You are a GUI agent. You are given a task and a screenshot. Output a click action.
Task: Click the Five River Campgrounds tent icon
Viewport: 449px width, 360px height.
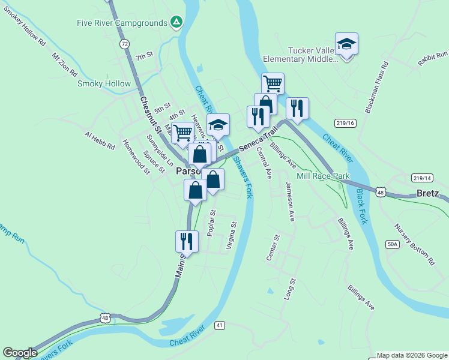(x=176, y=23)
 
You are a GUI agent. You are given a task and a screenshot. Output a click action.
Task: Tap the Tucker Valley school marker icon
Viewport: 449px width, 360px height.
(x=346, y=44)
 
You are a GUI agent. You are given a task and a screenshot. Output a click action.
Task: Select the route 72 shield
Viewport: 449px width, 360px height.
(x=124, y=44)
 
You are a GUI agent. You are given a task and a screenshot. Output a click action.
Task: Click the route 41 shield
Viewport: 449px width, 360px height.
(x=220, y=325)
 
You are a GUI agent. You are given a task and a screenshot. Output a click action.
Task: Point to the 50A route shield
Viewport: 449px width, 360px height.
(x=393, y=244)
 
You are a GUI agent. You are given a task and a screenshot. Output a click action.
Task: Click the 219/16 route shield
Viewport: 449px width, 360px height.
(x=346, y=123)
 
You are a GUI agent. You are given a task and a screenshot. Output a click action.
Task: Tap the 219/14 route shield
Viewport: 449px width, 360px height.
(x=422, y=178)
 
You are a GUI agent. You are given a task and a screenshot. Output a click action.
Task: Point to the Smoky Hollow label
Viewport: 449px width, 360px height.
(x=104, y=83)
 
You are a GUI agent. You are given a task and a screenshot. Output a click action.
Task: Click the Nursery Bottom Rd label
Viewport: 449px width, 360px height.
(x=414, y=244)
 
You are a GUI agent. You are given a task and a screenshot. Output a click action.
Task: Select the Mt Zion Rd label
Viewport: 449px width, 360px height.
(x=65, y=64)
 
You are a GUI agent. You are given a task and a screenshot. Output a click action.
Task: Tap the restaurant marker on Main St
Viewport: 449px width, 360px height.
(x=185, y=241)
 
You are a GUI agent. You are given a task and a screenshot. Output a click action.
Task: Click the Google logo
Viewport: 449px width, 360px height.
(x=20, y=353)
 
